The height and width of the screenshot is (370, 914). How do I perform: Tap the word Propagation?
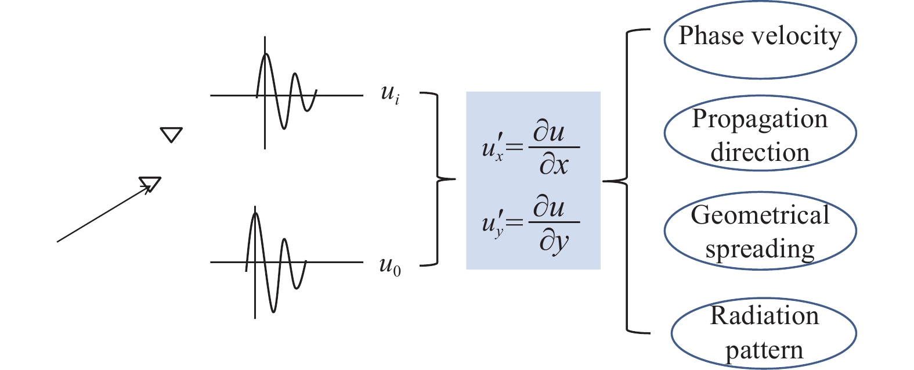coord(760,119)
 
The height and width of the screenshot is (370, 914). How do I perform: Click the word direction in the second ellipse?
coord(760,153)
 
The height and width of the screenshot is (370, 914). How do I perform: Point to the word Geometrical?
coord(760,215)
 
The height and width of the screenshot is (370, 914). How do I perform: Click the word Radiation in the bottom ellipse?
coord(764,316)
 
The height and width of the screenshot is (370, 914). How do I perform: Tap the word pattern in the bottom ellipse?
coord(764,350)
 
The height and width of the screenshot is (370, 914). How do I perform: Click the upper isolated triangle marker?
coord(171,135)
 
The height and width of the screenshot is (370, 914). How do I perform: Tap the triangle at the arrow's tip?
coord(150,184)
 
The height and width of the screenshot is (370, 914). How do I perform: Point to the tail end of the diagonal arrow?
coord(57,241)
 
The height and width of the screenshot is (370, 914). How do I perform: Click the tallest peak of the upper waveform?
coord(265,55)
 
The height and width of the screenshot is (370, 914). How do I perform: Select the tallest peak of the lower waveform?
coord(255,213)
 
